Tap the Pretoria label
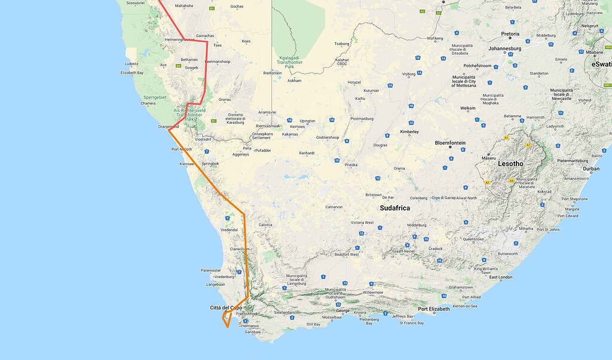(510, 34)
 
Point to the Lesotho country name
(510, 163)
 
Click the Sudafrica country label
(394, 208)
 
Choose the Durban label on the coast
(591, 169)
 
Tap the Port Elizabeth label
(433, 309)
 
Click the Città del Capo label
(226, 307)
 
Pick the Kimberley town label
(409, 132)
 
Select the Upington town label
(307, 121)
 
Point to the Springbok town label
(210, 163)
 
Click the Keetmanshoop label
(218, 62)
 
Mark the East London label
(501, 277)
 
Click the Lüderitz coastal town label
(131, 63)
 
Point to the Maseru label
(489, 158)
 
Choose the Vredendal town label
(229, 230)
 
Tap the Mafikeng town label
(435, 38)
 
